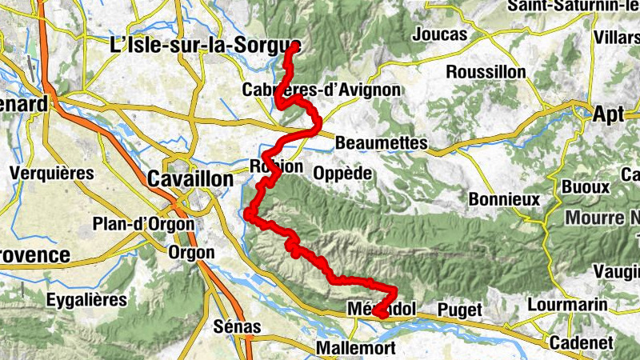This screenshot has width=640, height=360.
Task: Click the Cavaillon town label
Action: pos(190,179)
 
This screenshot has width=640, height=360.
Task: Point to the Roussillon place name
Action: pos(486,72)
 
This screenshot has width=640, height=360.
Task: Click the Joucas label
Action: pos(440,34)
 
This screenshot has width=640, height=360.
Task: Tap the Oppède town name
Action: pos(343,173)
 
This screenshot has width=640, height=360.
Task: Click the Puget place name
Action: pos(460,310)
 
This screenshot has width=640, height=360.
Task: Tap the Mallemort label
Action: pos(352,348)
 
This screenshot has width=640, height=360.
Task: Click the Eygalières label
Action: pos(86,300)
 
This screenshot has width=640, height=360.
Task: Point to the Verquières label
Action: pos(51,173)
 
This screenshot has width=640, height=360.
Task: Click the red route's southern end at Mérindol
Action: pos(382,316)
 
